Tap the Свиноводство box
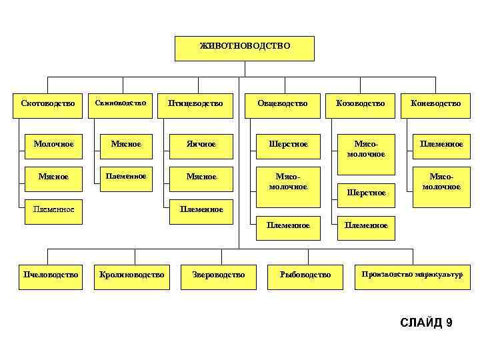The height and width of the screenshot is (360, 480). click(x=120, y=103)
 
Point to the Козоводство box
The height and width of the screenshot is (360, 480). click(x=361, y=104)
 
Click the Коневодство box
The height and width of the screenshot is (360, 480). click(x=435, y=104)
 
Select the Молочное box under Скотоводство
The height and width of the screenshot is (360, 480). click(x=53, y=143)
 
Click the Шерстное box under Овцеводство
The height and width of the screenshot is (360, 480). click(x=288, y=143)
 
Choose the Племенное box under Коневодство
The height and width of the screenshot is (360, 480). click(x=440, y=143)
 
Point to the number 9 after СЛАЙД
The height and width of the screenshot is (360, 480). click(x=449, y=323)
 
